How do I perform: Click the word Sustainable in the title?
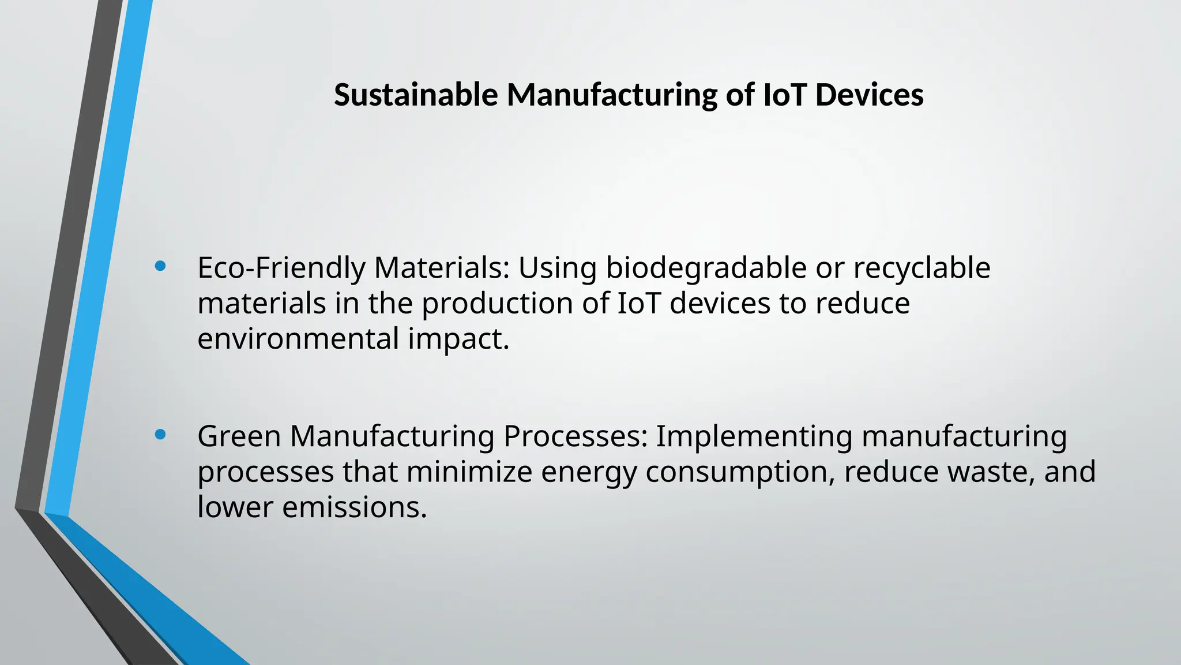[x=416, y=95]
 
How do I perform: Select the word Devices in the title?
[x=870, y=95]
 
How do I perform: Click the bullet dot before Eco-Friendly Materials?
[x=161, y=266]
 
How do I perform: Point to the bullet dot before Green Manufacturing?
[x=161, y=435]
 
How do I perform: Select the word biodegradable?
[x=706, y=268]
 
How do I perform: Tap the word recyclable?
[x=922, y=268]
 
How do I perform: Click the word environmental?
[x=298, y=339]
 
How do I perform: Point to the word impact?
[x=458, y=339]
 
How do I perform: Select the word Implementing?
[x=754, y=436]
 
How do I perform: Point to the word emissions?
[x=354, y=508]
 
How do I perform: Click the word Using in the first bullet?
[x=557, y=268]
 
